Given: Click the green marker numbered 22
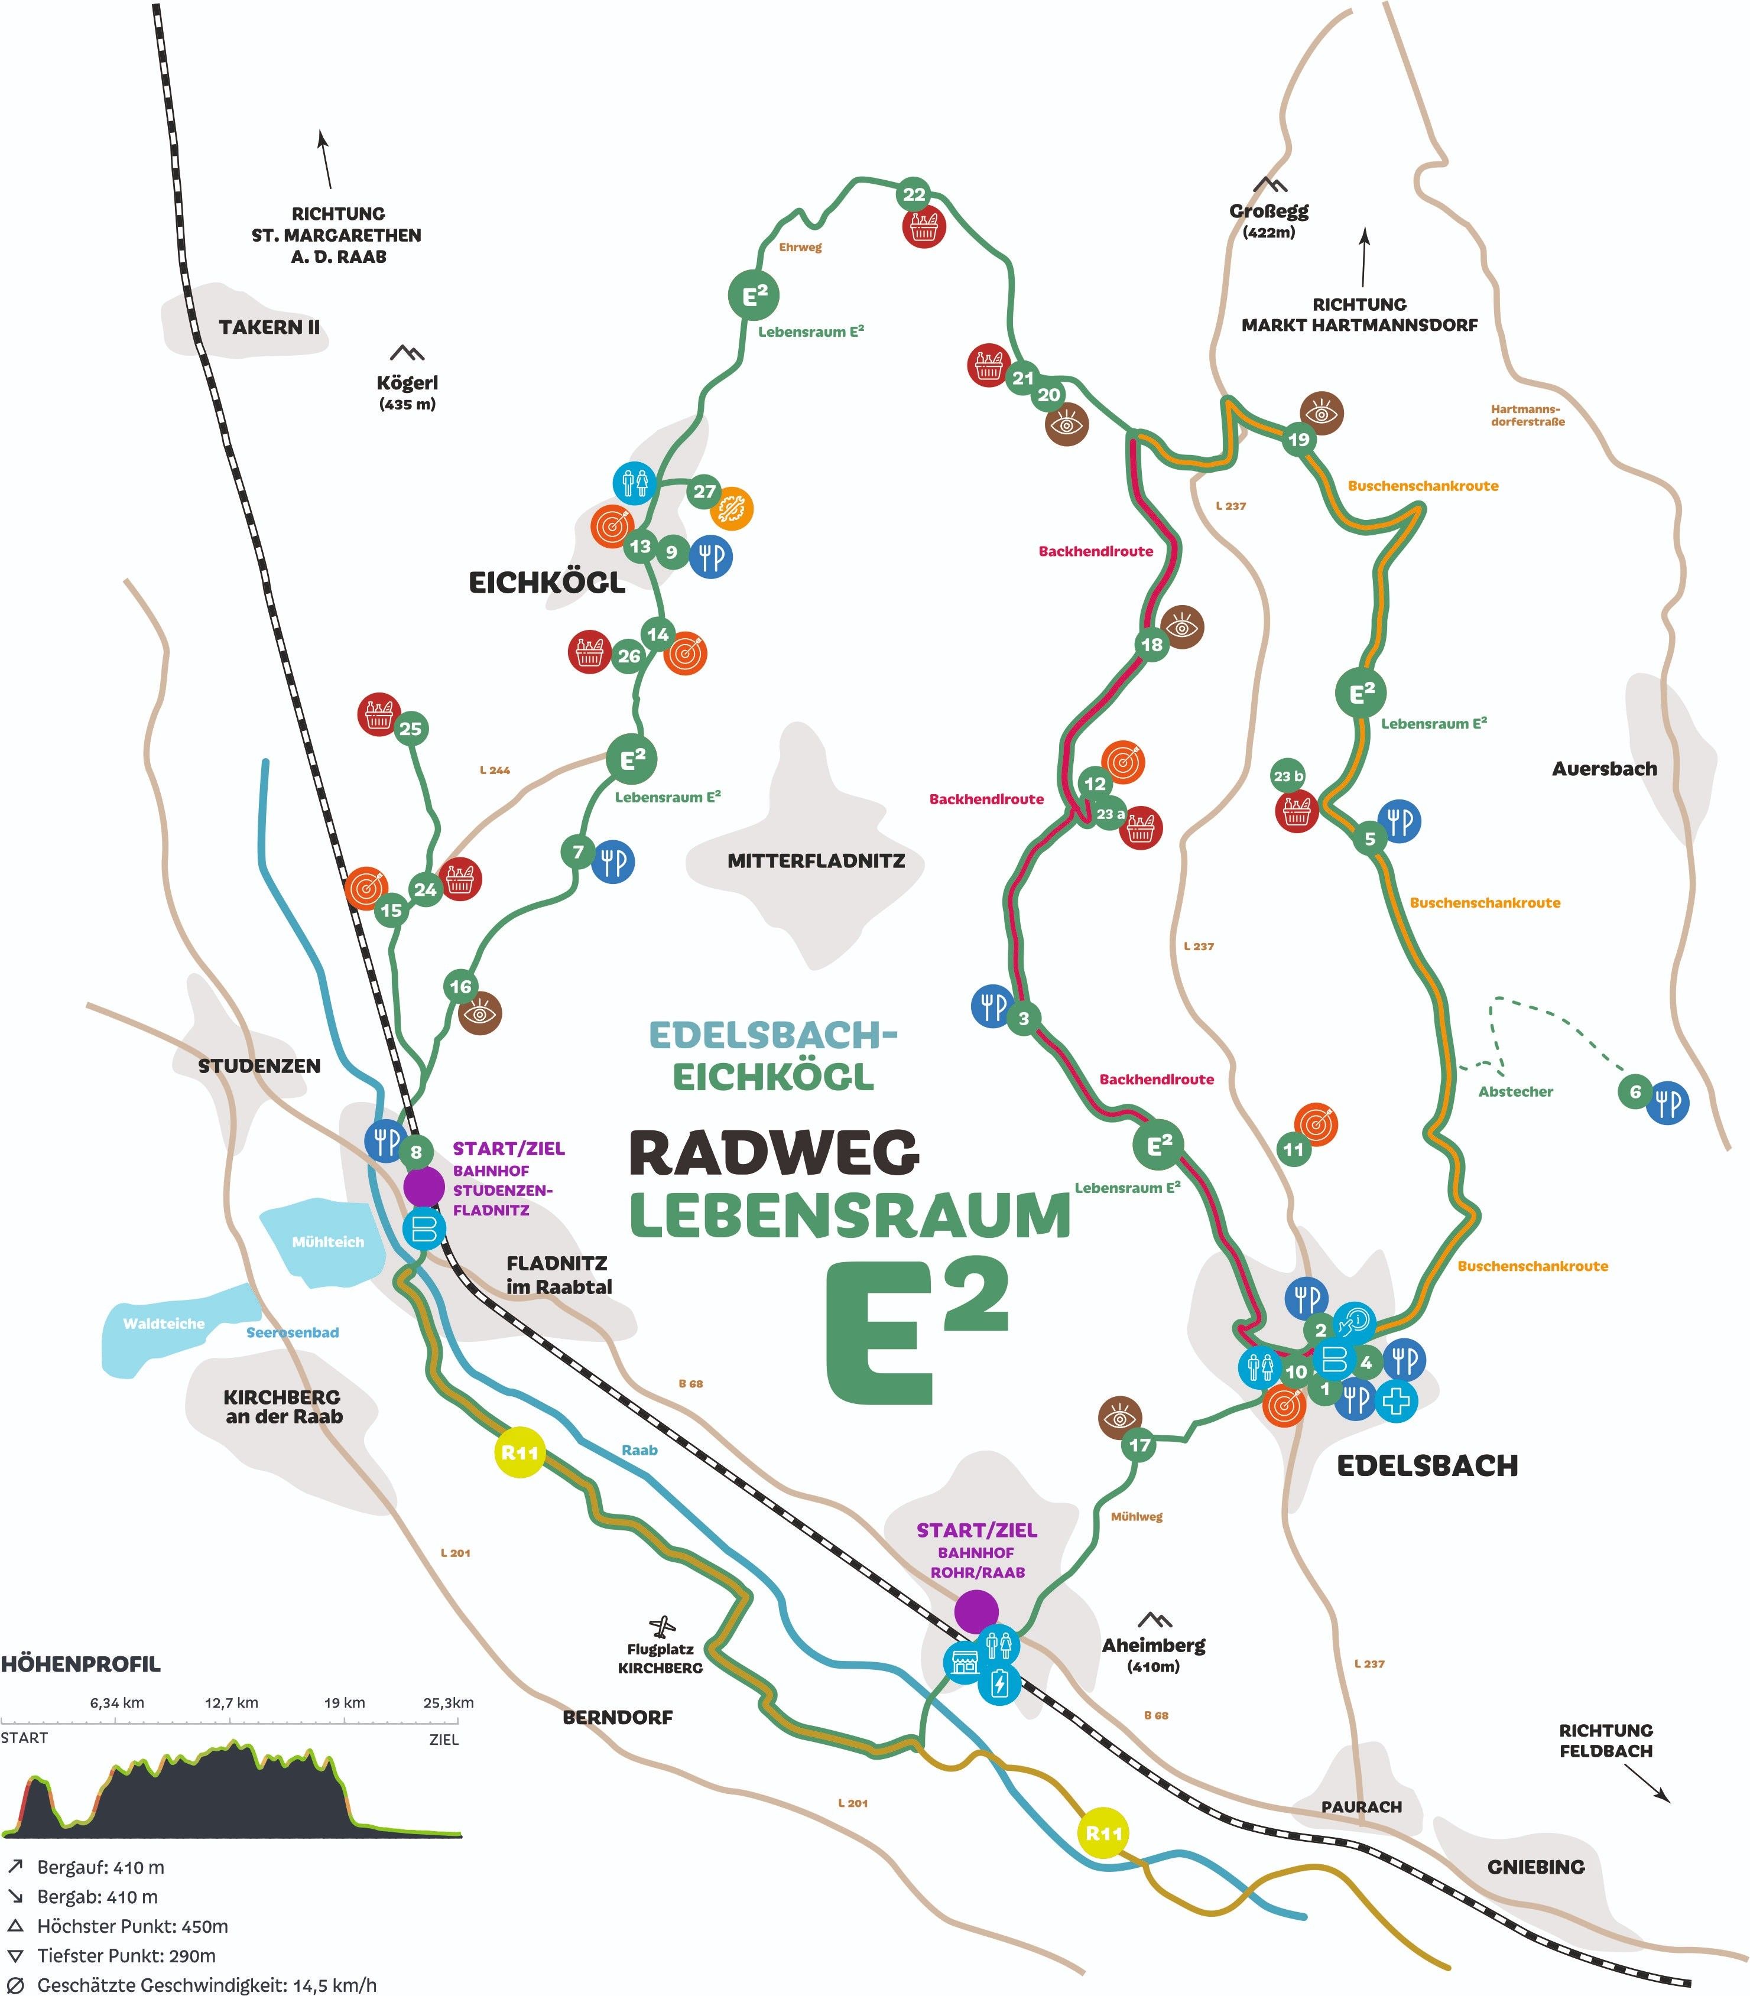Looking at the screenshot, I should (x=913, y=194).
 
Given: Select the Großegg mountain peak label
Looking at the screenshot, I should (x=1268, y=211).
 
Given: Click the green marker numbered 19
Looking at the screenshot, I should (x=1298, y=440).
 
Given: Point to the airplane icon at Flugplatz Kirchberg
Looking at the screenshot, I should (x=663, y=1627).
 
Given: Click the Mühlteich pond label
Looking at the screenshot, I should (x=327, y=1242).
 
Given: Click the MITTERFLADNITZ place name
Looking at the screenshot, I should (x=816, y=862).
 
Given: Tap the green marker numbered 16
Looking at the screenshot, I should (x=460, y=986).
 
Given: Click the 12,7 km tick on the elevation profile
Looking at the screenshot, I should (x=232, y=1703).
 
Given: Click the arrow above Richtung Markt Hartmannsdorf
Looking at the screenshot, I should (x=1364, y=257).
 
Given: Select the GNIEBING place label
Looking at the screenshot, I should (x=1535, y=1867).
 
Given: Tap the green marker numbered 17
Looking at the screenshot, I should (x=1139, y=1444).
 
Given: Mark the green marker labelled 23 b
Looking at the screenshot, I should (x=1288, y=776).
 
